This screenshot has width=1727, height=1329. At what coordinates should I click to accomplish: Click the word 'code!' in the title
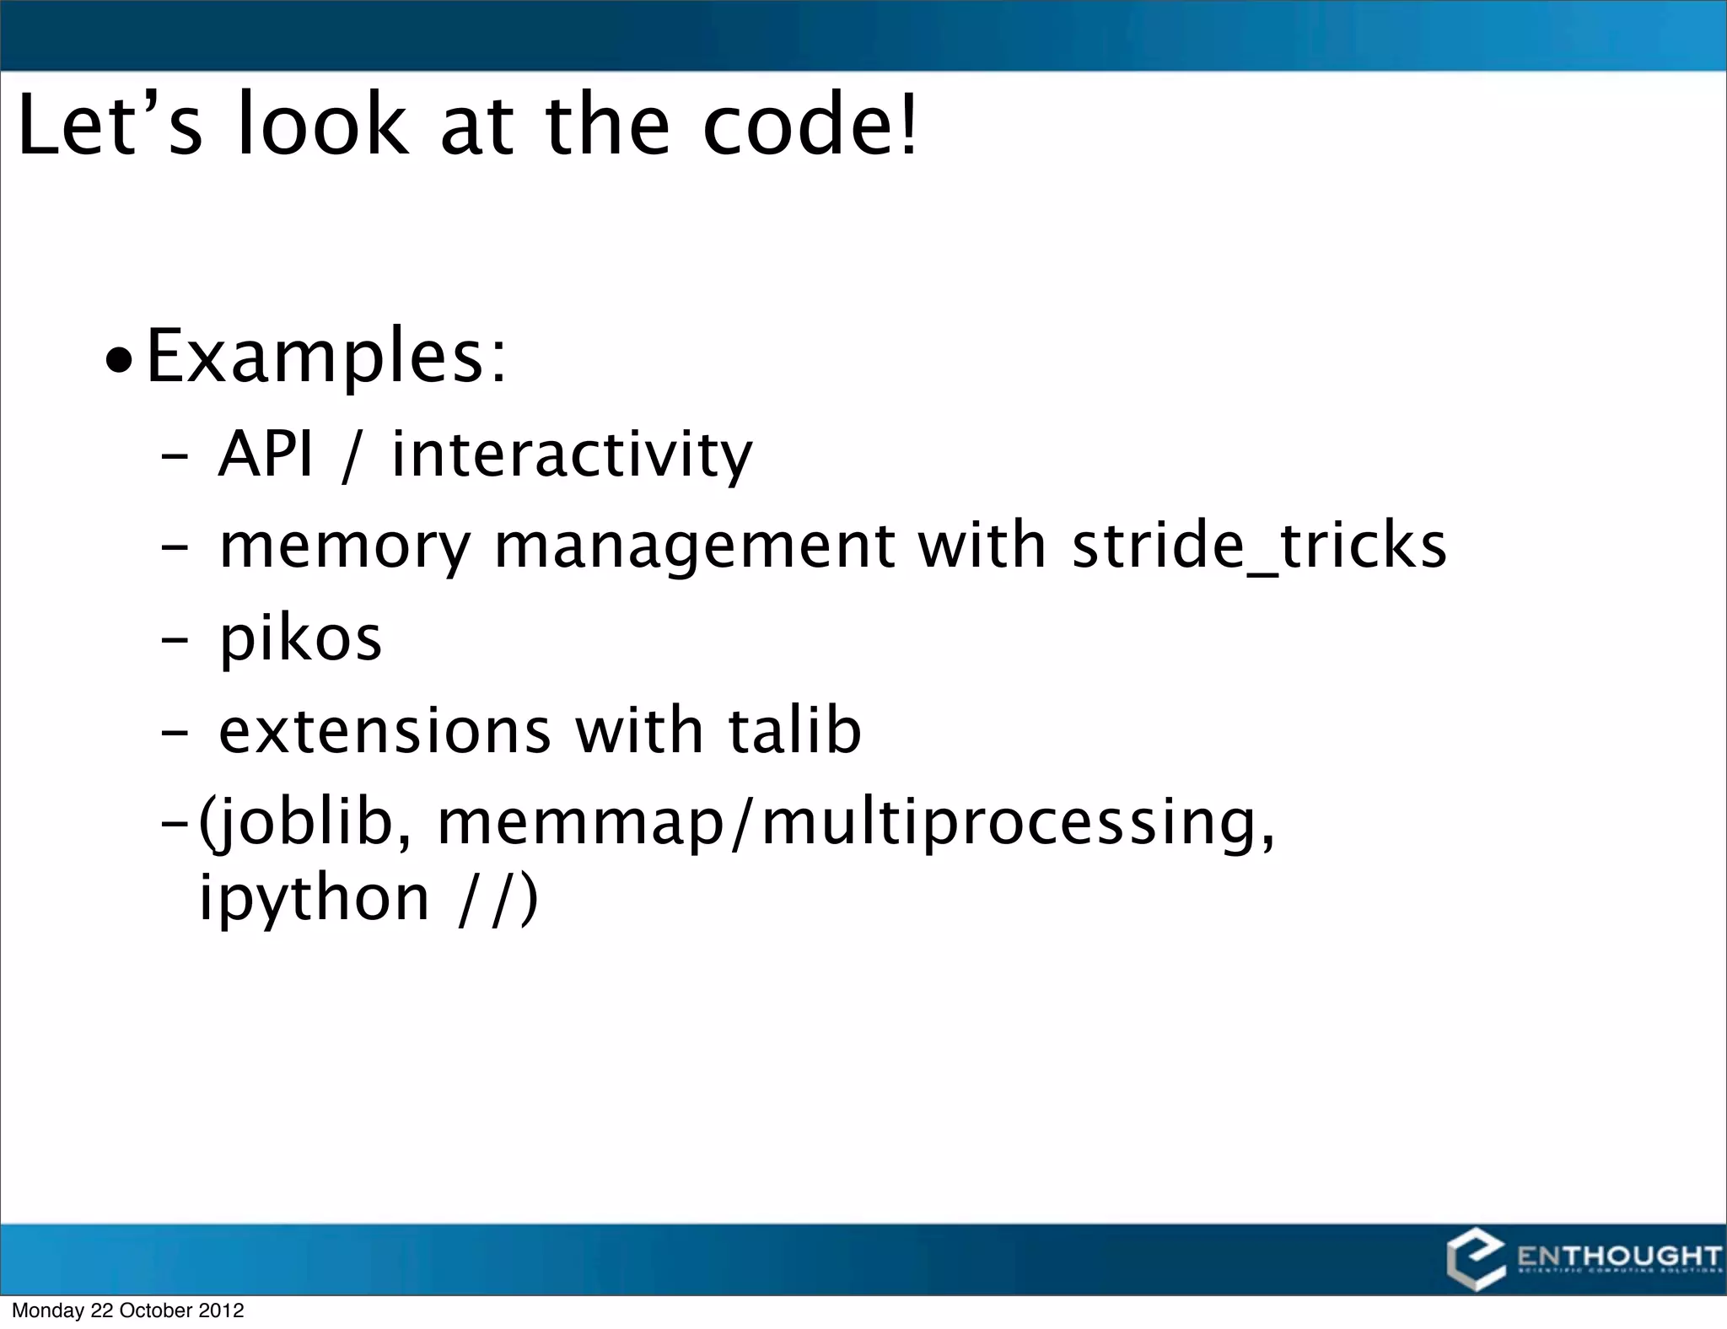tap(810, 125)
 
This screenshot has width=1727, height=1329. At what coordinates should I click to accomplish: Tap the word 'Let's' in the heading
tap(110, 125)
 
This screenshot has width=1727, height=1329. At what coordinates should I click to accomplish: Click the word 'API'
tap(266, 454)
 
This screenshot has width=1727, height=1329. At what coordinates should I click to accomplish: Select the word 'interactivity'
tap(572, 455)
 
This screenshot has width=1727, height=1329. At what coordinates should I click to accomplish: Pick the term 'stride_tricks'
tap(1259, 546)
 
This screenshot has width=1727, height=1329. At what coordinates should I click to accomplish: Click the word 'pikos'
tap(300, 639)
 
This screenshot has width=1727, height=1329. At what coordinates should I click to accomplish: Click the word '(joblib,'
tap(305, 823)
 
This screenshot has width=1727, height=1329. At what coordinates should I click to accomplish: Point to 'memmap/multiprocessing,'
tap(855, 823)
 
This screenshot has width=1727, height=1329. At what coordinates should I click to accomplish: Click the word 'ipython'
tap(315, 898)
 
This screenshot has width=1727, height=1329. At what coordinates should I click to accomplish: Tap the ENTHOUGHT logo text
tap(1618, 1256)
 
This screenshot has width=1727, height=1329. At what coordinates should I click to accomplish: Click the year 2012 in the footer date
tap(221, 1310)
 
